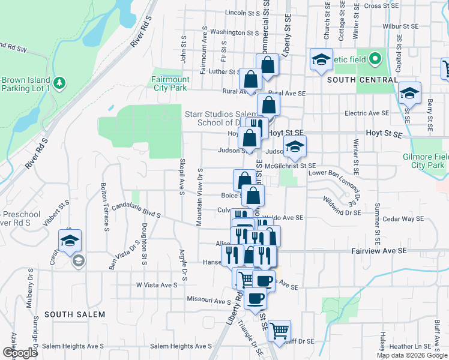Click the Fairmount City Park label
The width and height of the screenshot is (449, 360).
(x=170, y=83)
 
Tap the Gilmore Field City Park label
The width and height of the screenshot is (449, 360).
(x=423, y=161)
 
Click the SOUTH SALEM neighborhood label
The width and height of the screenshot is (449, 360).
(x=74, y=314)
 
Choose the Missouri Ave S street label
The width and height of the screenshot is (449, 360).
(x=209, y=301)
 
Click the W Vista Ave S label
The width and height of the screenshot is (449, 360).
(x=157, y=285)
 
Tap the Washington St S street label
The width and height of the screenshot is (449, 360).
(x=234, y=32)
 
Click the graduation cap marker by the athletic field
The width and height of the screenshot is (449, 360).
(x=321, y=59)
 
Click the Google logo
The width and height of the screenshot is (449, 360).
(x=20, y=353)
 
